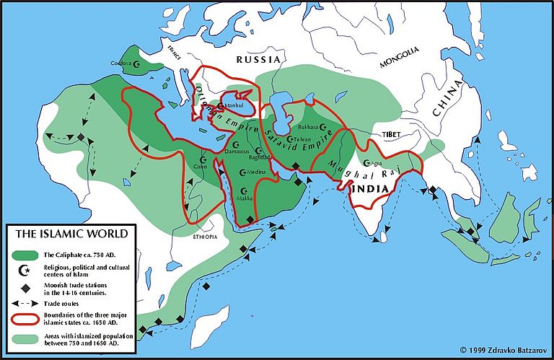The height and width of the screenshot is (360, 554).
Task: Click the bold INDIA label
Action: [371, 188]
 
